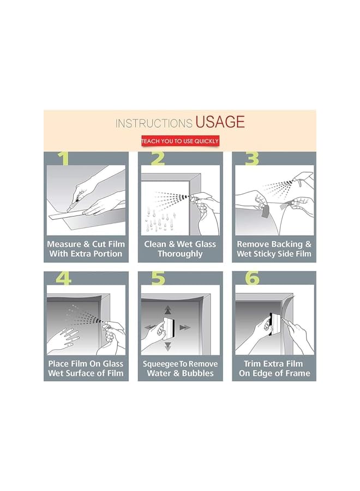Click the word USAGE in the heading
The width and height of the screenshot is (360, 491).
220,122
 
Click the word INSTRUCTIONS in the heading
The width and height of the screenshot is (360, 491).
154,123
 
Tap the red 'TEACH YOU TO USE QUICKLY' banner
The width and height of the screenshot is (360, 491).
180,141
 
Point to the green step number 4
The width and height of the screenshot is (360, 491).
64,278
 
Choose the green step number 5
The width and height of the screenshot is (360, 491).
158,278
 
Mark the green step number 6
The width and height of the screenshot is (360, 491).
252,278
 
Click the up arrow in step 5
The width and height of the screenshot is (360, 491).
168,310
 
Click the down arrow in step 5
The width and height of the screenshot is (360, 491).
168,346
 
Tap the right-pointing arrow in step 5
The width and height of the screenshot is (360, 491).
185,327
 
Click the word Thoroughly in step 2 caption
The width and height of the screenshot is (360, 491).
180,254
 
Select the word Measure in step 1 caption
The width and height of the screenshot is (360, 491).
64,244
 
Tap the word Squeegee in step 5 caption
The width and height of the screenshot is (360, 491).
160,364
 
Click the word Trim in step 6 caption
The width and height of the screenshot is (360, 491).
253,363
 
